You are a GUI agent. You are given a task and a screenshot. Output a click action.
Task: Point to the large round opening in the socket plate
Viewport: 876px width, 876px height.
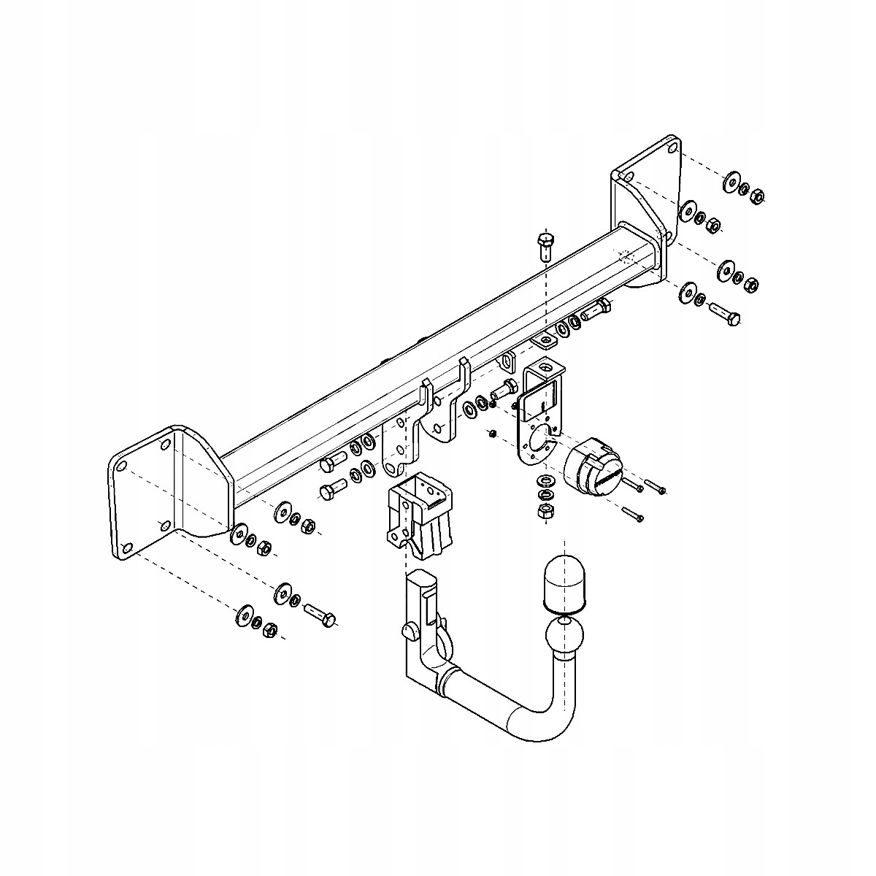(540, 442)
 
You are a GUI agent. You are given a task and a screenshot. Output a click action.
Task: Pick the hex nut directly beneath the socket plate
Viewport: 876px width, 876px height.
(545, 511)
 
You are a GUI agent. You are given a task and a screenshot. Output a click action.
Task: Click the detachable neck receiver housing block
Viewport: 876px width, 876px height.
(419, 511)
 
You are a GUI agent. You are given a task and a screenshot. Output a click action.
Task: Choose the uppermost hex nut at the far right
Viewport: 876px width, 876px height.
(758, 195)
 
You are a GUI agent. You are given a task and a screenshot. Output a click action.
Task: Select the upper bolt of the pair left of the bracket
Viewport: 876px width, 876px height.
(334, 463)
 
